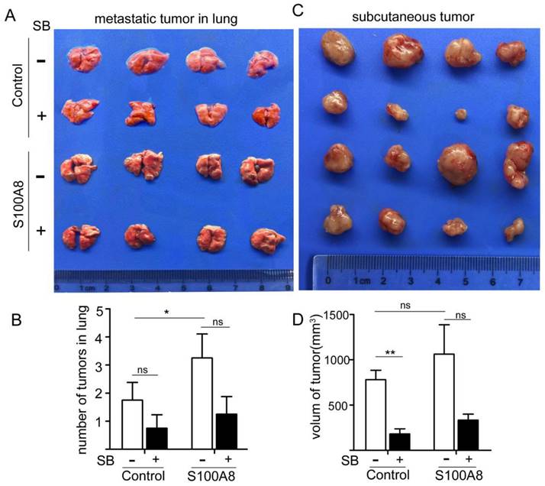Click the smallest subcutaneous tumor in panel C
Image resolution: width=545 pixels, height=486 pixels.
[461, 114]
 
